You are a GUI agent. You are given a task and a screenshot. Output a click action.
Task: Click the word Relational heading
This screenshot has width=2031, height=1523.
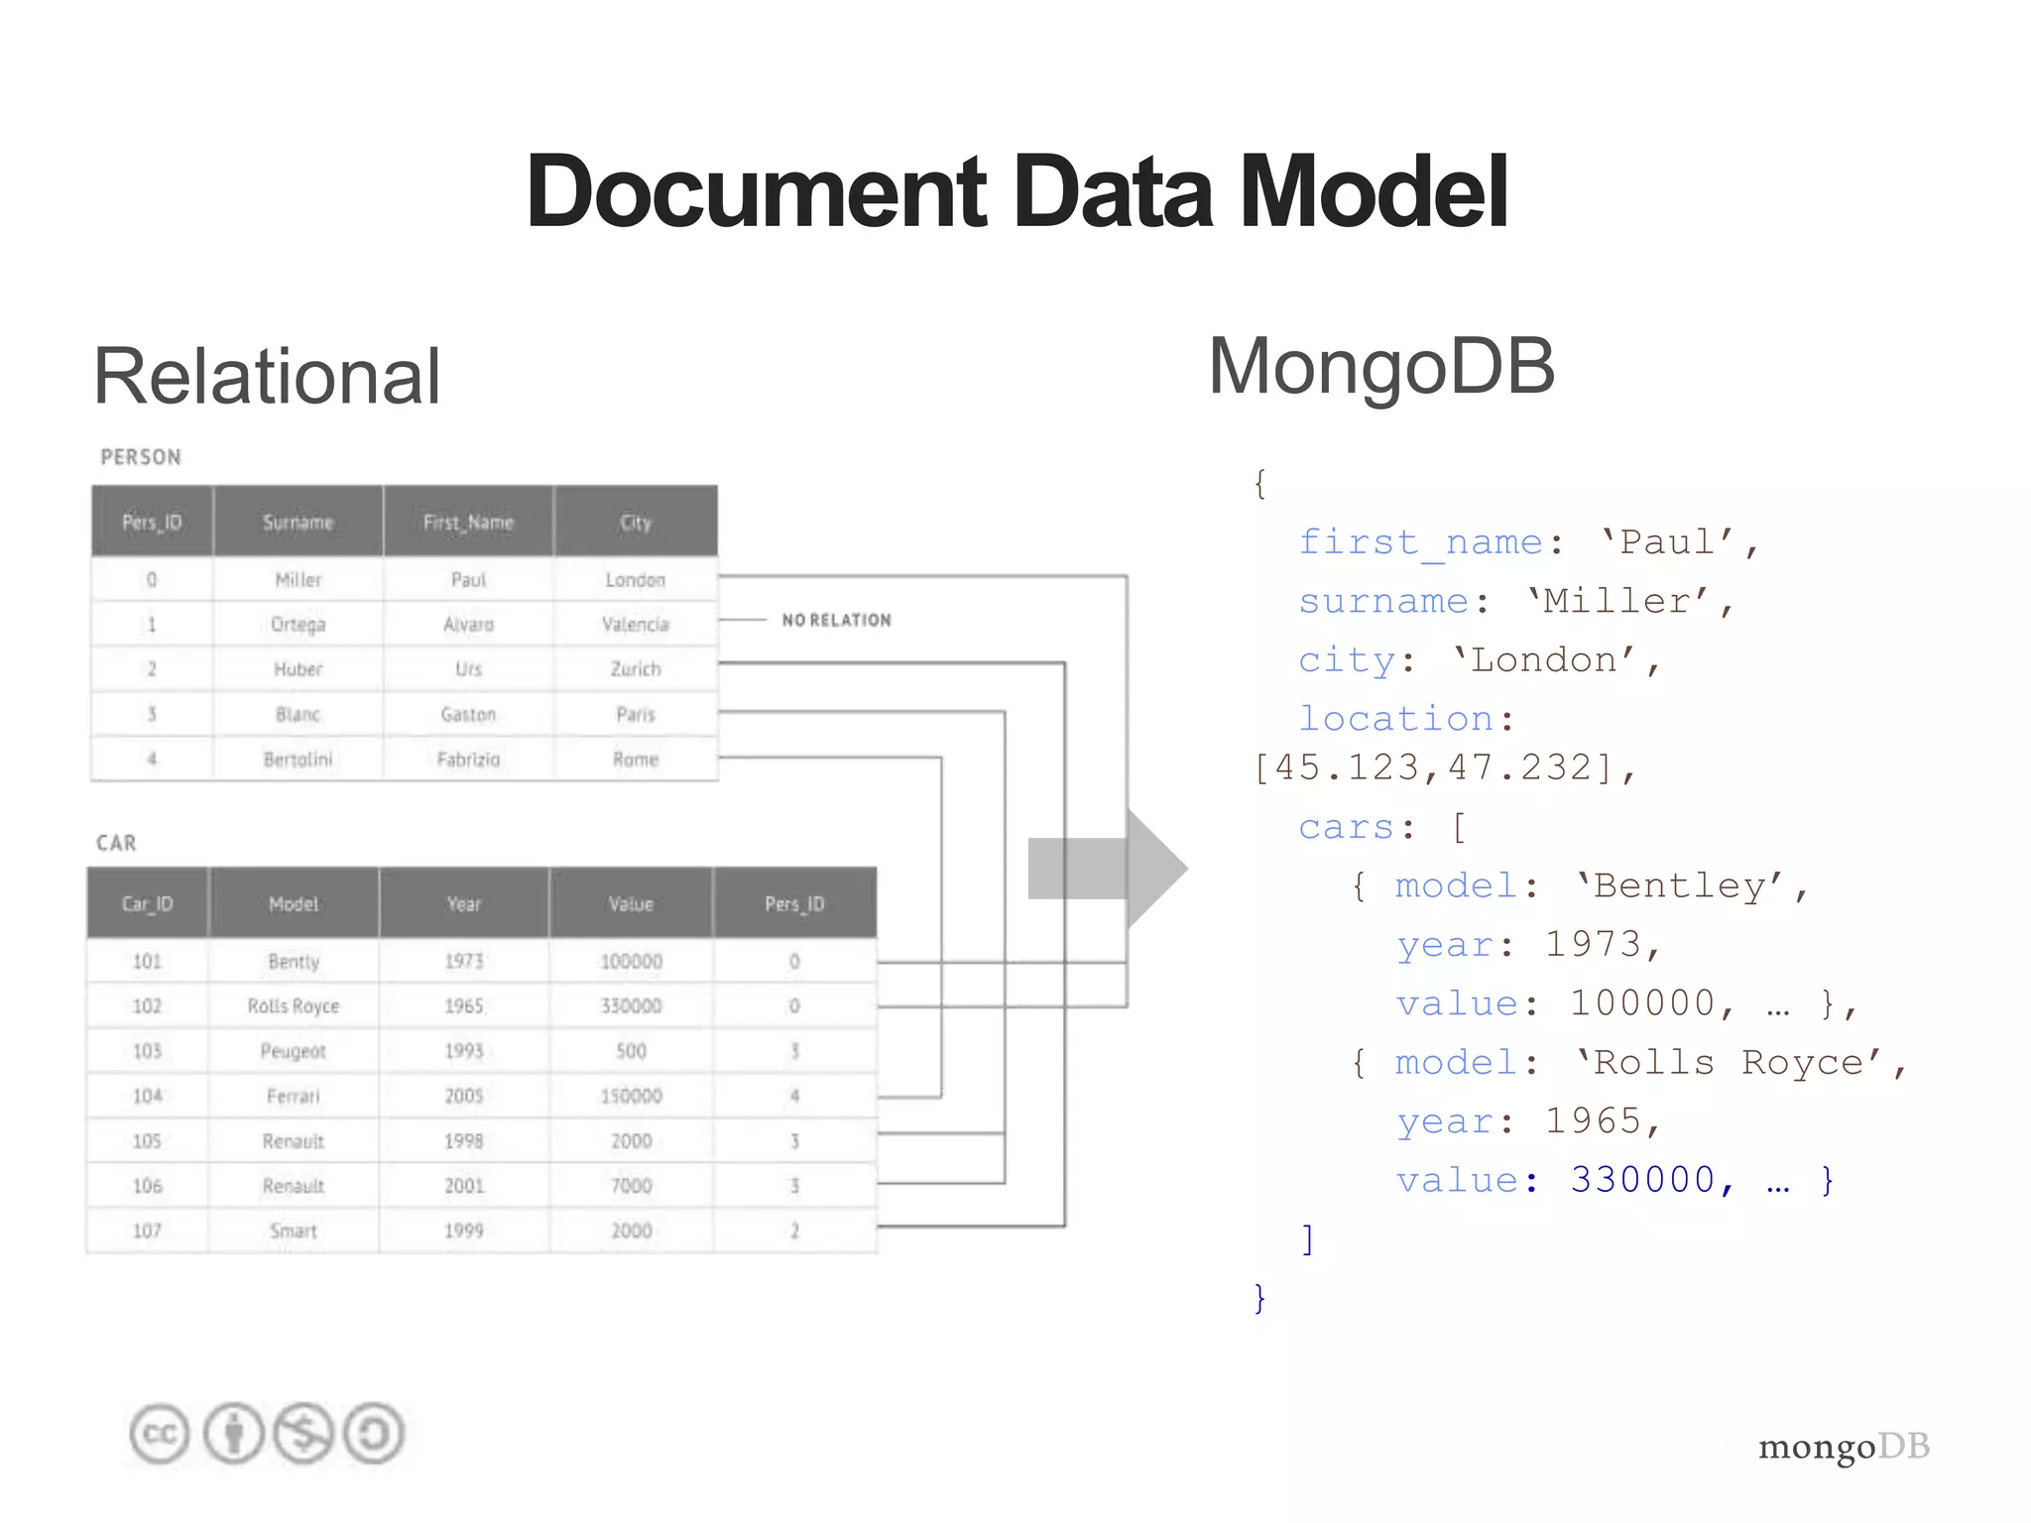pyautogui.click(x=267, y=377)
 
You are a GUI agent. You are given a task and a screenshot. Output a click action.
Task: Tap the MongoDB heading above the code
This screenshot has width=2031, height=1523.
pyautogui.click(x=1380, y=367)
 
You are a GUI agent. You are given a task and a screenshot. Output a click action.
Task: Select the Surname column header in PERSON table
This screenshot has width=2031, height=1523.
pyautogui.click(x=298, y=523)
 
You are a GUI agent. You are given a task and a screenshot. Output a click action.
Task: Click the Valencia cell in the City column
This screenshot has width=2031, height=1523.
pyautogui.click(x=636, y=625)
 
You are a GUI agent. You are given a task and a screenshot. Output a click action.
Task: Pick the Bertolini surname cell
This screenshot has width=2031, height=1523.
pyautogui.click(x=298, y=760)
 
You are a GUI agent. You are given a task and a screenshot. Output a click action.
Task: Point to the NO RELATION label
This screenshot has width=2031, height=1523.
pyautogui.click(x=836, y=621)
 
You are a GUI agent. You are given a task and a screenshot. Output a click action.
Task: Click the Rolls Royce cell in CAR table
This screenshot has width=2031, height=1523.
pyautogui.click(x=294, y=1006)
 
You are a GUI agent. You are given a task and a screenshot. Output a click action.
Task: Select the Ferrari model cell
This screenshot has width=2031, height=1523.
pyautogui.click(x=294, y=1097)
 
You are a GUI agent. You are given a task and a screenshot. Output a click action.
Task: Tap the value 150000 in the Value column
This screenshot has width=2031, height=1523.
pyautogui.click(x=632, y=1097)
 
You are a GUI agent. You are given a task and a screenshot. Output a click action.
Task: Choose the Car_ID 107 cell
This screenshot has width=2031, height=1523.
pyautogui.click(x=147, y=1231)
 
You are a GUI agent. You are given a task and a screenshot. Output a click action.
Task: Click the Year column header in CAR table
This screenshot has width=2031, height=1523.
pyautogui.click(x=464, y=904)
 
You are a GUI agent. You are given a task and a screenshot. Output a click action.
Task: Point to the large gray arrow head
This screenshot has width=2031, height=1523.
pyautogui.click(x=1155, y=869)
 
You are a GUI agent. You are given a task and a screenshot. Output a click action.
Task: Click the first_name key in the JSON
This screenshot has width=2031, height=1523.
pyautogui.click(x=1420, y=542)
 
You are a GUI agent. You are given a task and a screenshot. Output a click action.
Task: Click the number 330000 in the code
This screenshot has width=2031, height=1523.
pyautogui.click(x=1642, y=1180)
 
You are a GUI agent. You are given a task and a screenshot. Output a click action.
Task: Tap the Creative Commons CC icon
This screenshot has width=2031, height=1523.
pyautogui.click(x=159, y=1434)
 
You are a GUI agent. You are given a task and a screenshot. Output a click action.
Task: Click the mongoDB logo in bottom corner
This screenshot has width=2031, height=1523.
pyautogui.click(x=1843, y=1447)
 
